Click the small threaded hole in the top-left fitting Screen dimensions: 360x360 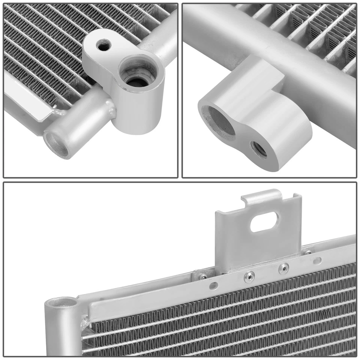point(102,46)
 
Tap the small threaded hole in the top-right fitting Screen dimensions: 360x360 point(259,149)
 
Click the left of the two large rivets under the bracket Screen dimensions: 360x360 point(248,277)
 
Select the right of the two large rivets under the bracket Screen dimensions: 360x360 point(283,268)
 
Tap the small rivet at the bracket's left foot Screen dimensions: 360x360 point(203,276)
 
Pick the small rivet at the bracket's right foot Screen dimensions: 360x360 point(308,253)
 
